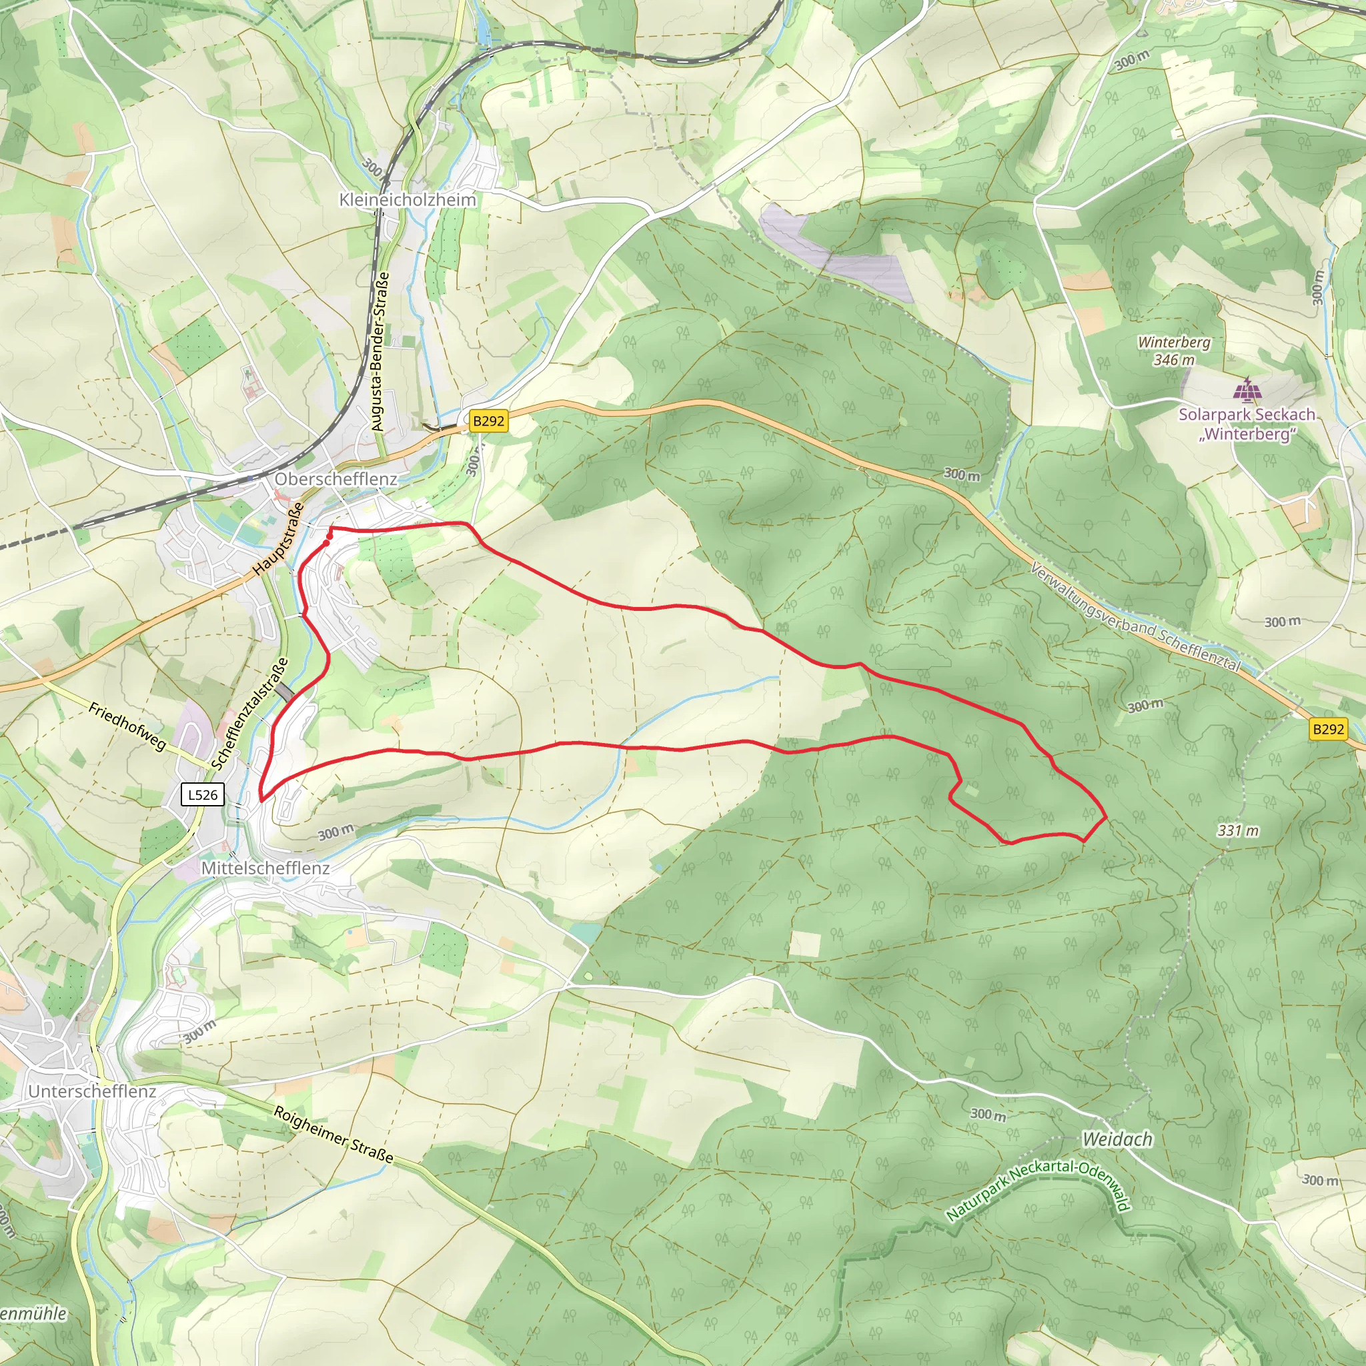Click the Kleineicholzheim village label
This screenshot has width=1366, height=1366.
click(x=408, y=200)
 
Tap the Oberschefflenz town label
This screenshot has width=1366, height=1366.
click(x=336, y=480)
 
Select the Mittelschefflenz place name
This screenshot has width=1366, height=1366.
click(x=266, y=868)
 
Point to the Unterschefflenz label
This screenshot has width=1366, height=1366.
click(x=92, y=1091)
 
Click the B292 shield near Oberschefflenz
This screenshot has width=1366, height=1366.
click(x=488, y=422)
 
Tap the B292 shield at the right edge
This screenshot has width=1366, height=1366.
click(x=1328, y=729)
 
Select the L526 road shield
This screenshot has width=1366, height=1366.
click(x=203, y=794)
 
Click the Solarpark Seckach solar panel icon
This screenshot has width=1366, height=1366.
click(x=1247, y=390)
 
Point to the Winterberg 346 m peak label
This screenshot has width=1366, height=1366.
click(x=1174, y=351)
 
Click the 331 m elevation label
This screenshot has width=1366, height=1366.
click(x=1238, y=831)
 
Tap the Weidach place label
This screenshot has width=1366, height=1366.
click(x=1117, y=1139)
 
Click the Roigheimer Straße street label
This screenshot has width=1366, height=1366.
click(x=333, y=1135)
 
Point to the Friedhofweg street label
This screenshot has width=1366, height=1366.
click(x=127, y=726)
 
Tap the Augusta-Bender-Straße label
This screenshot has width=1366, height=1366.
click(x=380, y=352)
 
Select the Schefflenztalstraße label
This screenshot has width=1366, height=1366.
click(x=250, y=714)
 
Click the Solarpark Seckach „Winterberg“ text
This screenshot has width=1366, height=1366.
click(x=1247, y=424)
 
